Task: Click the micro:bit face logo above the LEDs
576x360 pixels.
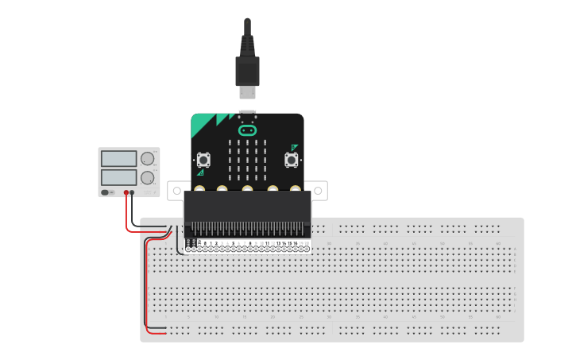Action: (x=247, y=129)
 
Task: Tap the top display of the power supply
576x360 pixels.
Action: (x=119, y=158)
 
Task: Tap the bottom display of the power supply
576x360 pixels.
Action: (x=119, y=176)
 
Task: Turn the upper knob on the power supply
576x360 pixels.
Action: (x=148, y=158)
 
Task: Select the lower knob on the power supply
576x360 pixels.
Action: (x=148, y=176)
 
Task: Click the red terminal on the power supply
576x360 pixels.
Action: (x=126, y=192)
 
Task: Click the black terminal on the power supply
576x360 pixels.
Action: (x=133, y=192)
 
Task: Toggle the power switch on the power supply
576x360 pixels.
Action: (x=106, y=192)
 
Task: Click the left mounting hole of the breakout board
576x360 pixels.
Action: (x=176, y=190)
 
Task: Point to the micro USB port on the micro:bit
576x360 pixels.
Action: (x=247, y=112)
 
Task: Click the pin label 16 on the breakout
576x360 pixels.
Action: (x=296, y=243)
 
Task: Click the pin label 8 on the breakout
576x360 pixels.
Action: (x=249, y=243)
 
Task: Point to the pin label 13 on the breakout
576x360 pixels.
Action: (x=278, y=243)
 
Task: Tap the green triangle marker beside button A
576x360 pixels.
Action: (x=200, y=172)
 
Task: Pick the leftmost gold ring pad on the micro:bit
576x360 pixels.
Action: (x=197, y=190)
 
